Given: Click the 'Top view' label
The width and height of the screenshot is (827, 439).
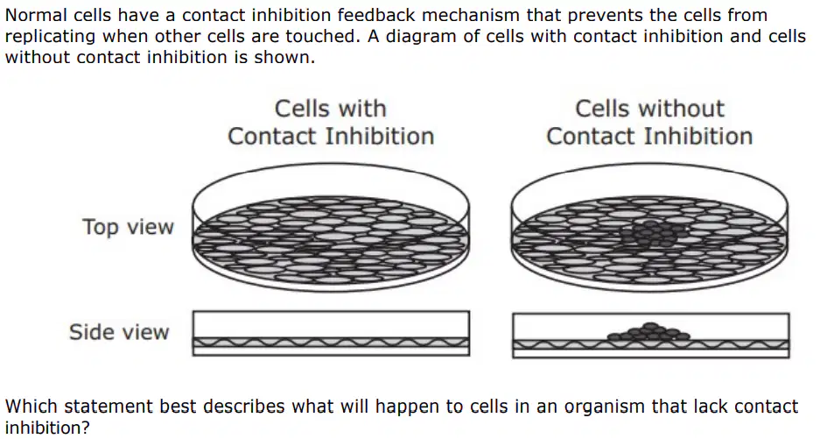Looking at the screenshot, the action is tap(128, 227).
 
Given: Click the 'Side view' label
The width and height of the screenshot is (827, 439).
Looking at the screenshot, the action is tap(119, 332).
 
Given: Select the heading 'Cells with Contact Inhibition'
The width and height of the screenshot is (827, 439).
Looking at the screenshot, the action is tap(331, 122).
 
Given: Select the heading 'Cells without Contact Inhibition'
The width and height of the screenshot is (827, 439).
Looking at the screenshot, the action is tap(649, 122).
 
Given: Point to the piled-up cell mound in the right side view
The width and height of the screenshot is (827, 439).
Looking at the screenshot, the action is tap(648, 333).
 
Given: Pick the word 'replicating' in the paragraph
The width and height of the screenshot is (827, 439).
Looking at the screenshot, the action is tap(51, 37).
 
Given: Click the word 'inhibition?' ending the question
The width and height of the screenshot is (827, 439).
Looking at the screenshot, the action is tap(47, 428).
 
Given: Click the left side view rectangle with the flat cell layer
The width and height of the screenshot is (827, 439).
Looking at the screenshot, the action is tap(331, 333).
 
